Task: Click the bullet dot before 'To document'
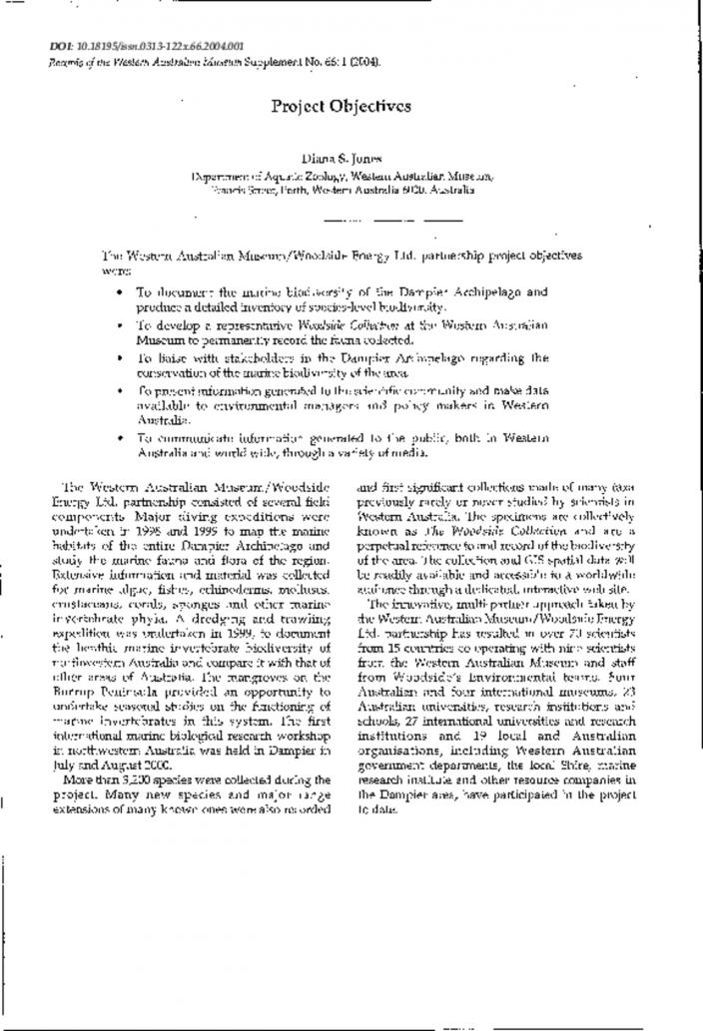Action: pos(120,292)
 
